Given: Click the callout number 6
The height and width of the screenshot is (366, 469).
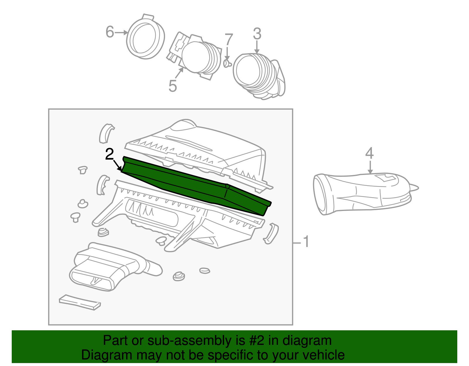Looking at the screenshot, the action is point(110,32).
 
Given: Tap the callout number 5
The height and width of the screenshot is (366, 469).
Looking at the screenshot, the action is point(173,86).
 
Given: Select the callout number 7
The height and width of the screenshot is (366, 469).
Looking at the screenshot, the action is point(229,40).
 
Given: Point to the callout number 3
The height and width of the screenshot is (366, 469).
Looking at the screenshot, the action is point(257,34).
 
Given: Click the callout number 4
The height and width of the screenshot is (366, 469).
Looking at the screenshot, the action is point(369,153).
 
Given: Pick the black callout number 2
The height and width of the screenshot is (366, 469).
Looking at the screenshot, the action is point(109,154).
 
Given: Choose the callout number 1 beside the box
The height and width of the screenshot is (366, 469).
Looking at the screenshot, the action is point(306,241).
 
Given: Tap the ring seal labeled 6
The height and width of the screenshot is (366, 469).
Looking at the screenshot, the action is point(145,37).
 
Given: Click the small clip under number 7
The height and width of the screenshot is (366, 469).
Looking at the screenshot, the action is point(227,63).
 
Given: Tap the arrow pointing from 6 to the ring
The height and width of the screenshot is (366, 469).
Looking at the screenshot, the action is point(121,33).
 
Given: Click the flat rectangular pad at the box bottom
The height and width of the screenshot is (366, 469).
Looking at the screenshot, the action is point(80,302).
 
